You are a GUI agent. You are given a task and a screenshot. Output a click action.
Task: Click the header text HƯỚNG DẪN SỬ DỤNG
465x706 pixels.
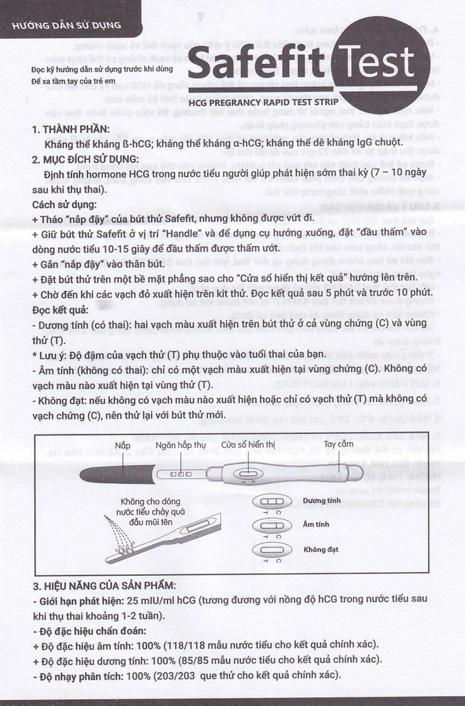(x=66, y=25)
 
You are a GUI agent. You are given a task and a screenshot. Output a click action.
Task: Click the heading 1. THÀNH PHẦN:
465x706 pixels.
(x=71, y=129)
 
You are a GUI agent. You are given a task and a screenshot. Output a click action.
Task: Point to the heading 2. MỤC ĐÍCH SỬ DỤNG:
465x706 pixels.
(x=85, y=159)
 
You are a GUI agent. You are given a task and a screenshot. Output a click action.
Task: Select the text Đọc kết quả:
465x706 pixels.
(x=60, y=310)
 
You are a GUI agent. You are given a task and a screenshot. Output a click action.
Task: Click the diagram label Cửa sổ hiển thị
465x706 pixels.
(x=248, y=445)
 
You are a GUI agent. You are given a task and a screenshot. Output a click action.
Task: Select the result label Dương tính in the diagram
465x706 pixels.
(x=322, y=501)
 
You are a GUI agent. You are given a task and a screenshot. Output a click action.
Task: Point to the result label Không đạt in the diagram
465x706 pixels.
(x=321, y=550)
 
